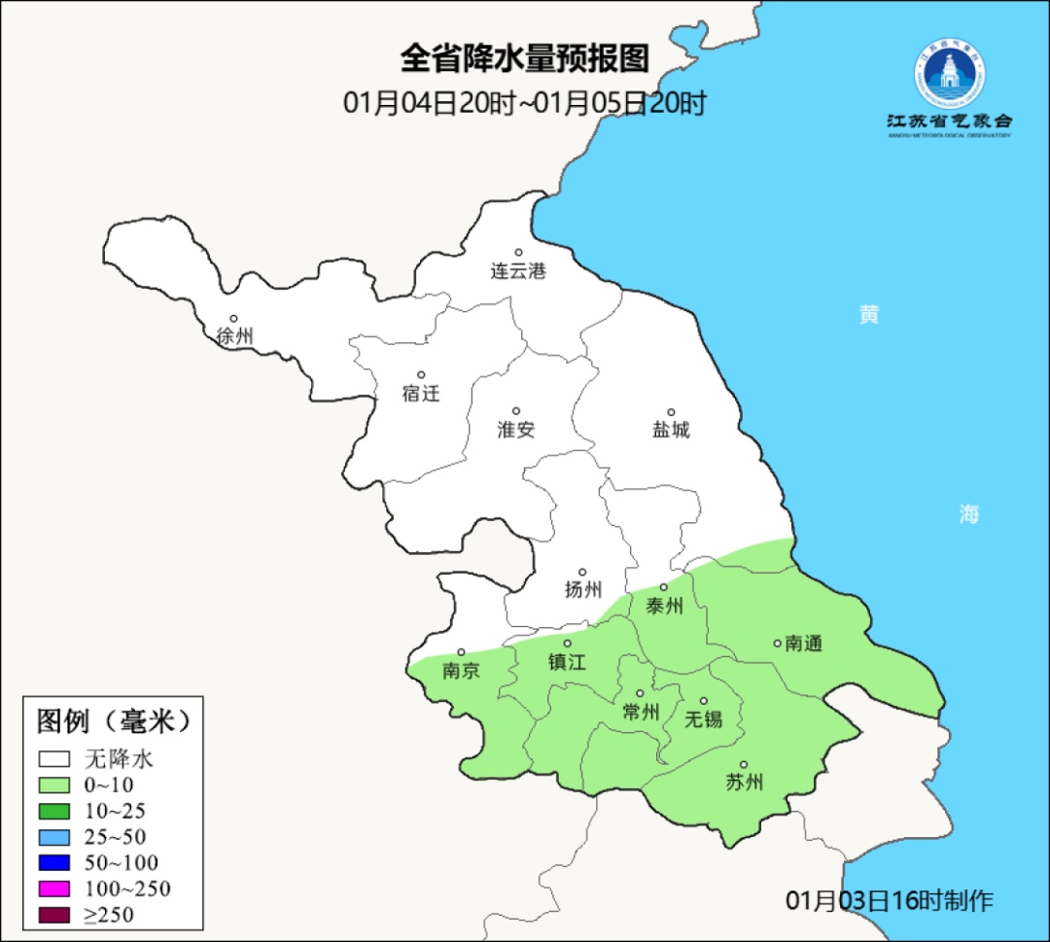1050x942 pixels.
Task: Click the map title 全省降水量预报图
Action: pos(524,58)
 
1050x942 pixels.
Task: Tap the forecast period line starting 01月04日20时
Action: pos(524,103)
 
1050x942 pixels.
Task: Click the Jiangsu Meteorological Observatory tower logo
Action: pos(950,75)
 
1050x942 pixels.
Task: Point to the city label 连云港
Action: pos(518,271)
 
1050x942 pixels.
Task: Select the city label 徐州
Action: pos(234,336)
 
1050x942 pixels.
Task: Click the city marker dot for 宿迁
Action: pos(421,374)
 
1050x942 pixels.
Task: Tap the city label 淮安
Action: pos(516,430)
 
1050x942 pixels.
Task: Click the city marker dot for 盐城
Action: pos(671,412)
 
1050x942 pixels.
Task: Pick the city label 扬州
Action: pos(583,589)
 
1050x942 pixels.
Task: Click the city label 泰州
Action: pos(665,607)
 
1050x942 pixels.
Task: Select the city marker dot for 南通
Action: pos(777,643)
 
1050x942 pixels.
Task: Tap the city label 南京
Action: pos(461,671)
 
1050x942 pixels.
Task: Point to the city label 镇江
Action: pos(568,661)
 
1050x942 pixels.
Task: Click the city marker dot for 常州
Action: pos(640,694)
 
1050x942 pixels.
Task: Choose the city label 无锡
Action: pos(704,719)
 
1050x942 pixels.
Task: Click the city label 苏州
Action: pos(745,783)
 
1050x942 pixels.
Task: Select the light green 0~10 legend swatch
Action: pos(54,785)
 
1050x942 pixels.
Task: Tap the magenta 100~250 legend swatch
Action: pos(54,889)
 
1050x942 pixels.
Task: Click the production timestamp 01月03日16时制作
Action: pos(890,900)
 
